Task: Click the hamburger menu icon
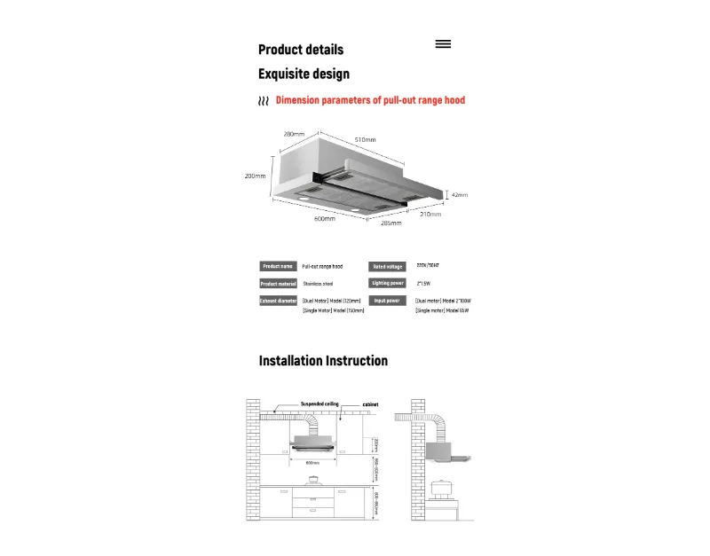point(444,43)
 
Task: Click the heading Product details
point(301,50)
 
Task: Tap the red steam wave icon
point(264,102)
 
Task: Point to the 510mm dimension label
point(366,140)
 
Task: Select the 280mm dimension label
point(294,134)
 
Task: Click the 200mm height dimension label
point(255,176)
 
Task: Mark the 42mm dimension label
point(459,194)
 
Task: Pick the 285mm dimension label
point(390,223)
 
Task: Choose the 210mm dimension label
point(430,214)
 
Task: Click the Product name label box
point(278,266)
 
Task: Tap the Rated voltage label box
point(388,266)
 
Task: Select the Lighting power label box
point(388,283)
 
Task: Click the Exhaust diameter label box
point(278,301)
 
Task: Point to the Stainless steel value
point(318,284)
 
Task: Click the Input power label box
point(388,301)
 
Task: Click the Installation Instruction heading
point(323,361)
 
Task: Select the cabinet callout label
point(370,404)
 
